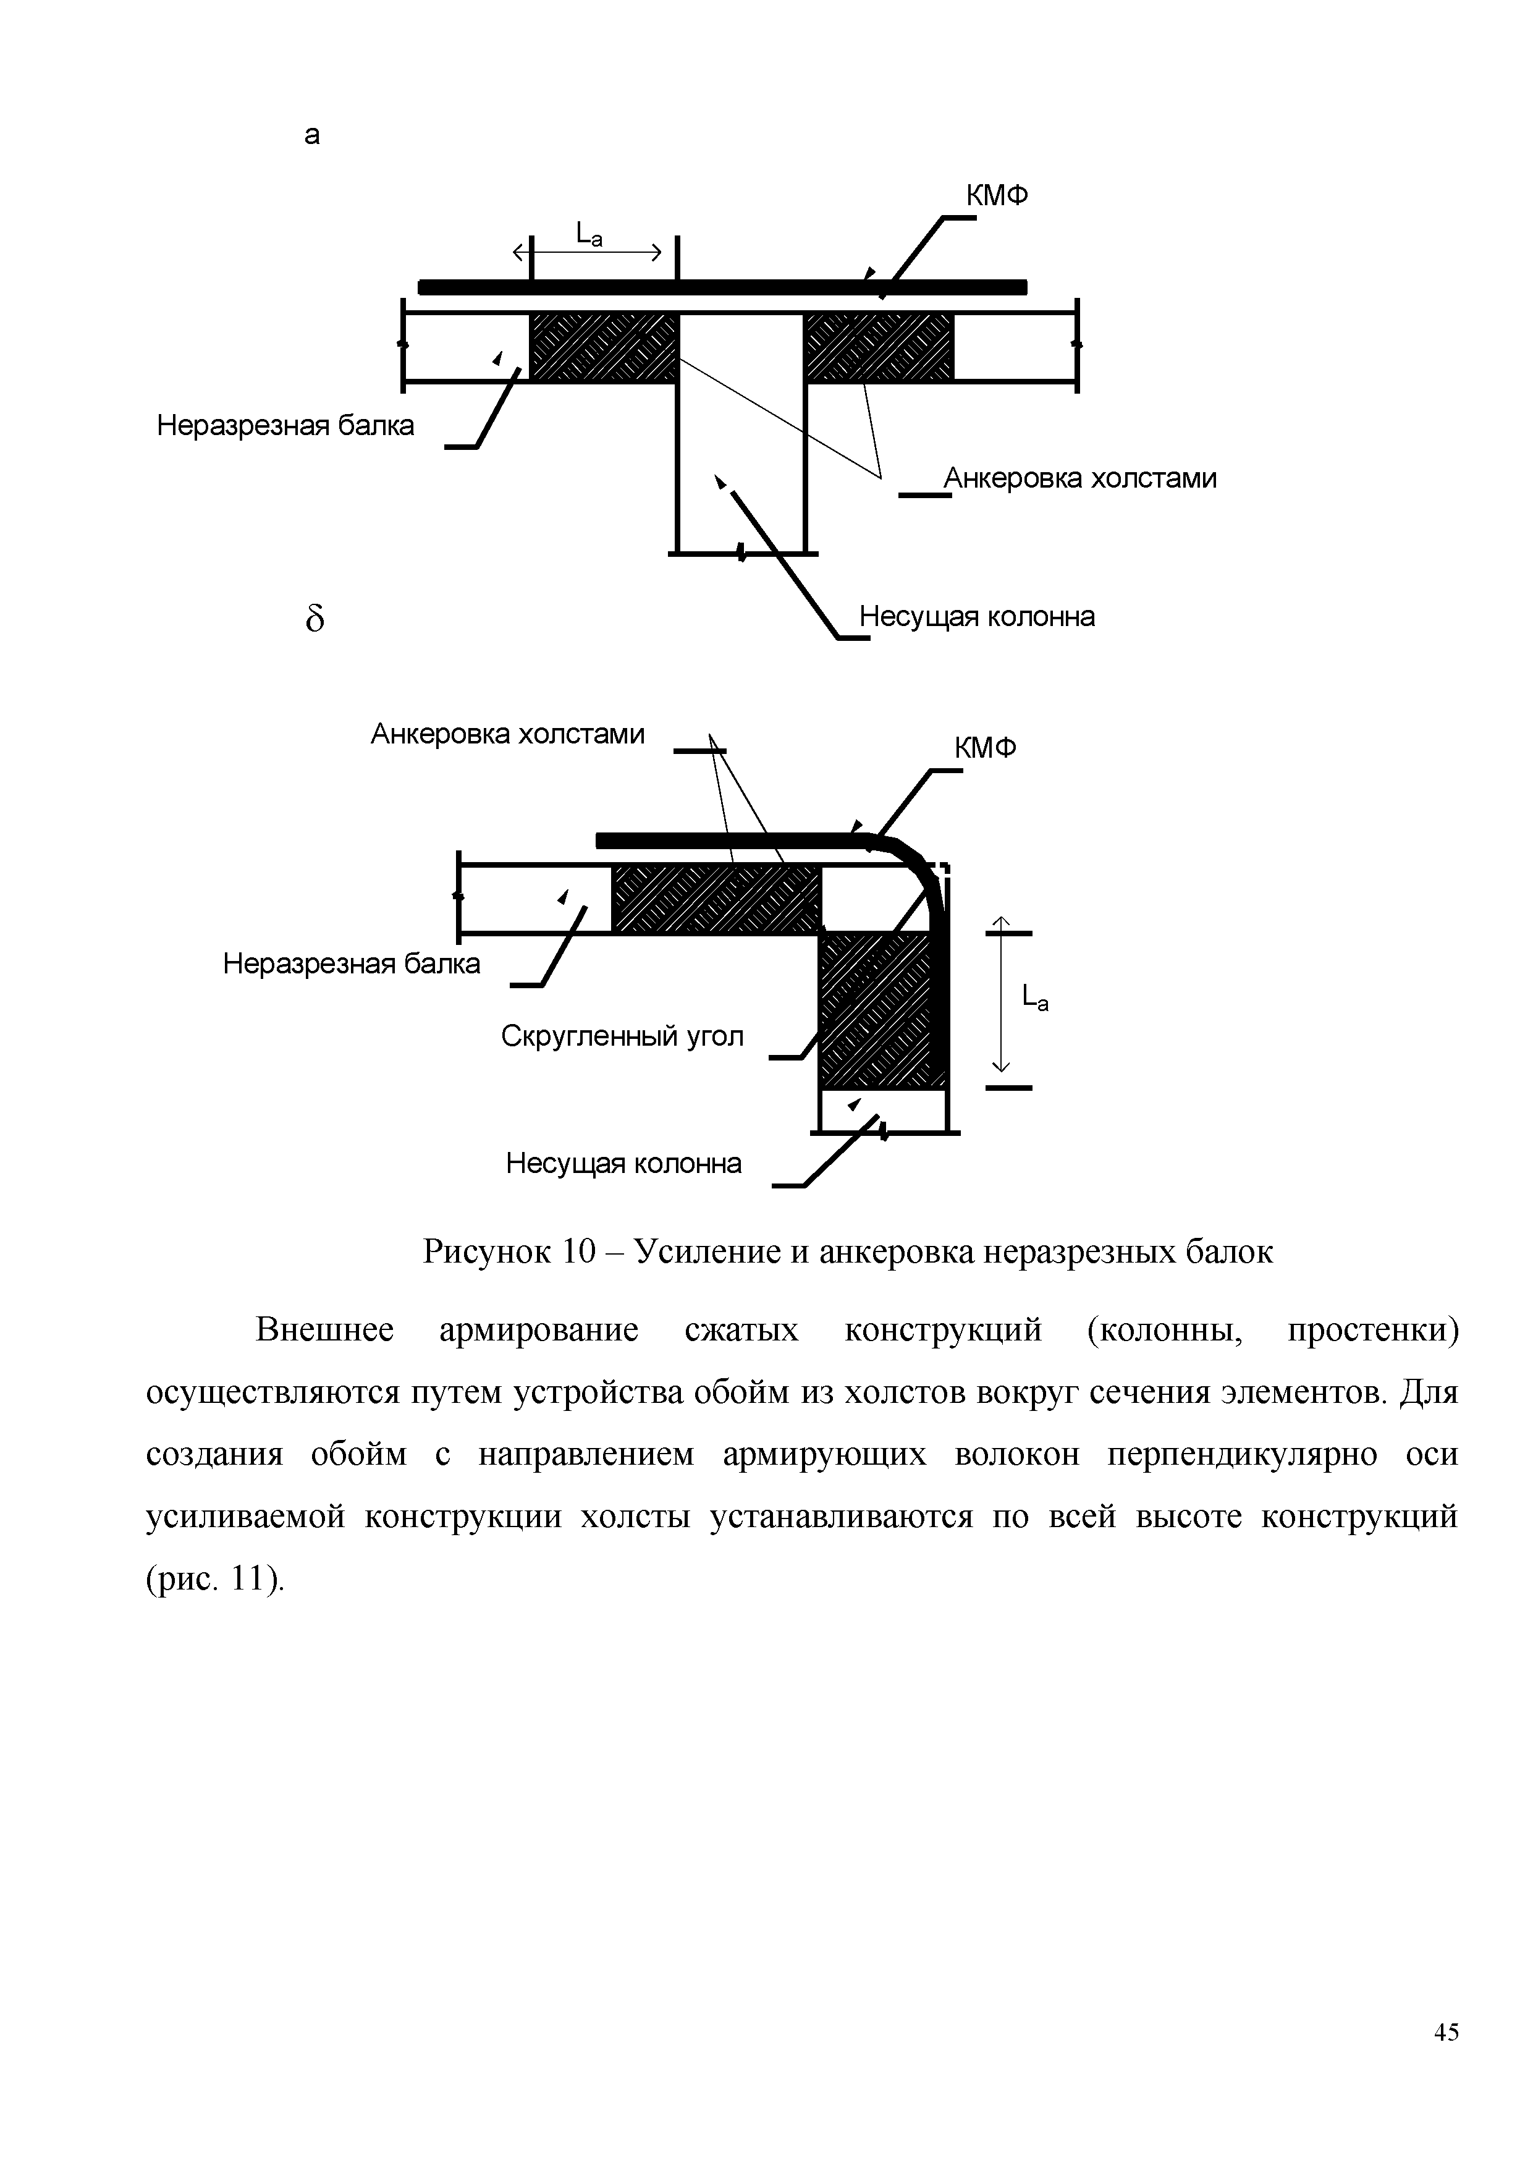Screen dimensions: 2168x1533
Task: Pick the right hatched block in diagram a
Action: pos(879,347)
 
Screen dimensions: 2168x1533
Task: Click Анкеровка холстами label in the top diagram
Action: pos(1080,479)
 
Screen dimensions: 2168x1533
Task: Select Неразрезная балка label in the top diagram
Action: pos(285,426)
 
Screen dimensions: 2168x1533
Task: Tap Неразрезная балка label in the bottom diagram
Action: pos(351,964)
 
